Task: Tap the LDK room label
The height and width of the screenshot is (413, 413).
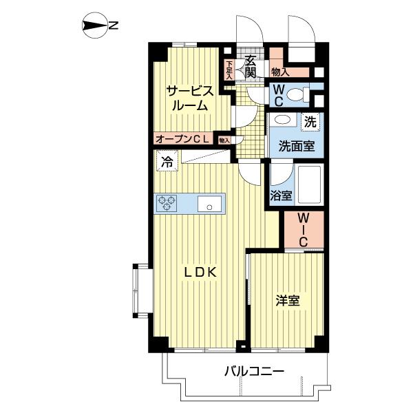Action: pyautogui.click(x=200, y=272)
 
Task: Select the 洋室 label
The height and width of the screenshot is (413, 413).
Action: pyautogui.click(x=288, y=301)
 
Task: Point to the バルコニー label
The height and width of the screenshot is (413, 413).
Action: pyautogui.click(x=253, y=372)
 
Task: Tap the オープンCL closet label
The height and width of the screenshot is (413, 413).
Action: pyautogui.click(x=182, y=139)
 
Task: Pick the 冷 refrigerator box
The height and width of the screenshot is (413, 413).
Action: pyautogui.click(x=166, y=162)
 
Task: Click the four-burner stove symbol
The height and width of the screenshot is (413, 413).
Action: pyautogui.click(x=167, y=203)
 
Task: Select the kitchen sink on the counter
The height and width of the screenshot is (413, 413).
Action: pyautogui.click(x=209, y=204)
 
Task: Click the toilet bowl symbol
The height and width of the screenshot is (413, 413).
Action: pyautogui.click(x=298, y=95)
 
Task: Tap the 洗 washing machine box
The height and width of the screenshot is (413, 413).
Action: pyautogui.click(x=310, y=122)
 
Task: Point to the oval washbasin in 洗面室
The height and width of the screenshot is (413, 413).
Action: pyautogui.click(x=282, y=120)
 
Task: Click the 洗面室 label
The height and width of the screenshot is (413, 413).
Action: pyautogui.click(x=297, y=145)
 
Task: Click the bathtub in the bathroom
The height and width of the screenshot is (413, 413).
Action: pyautogui.click(x=311, y=184)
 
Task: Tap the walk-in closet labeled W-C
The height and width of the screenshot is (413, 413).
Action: pyautogui.click(x=304, y=231)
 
